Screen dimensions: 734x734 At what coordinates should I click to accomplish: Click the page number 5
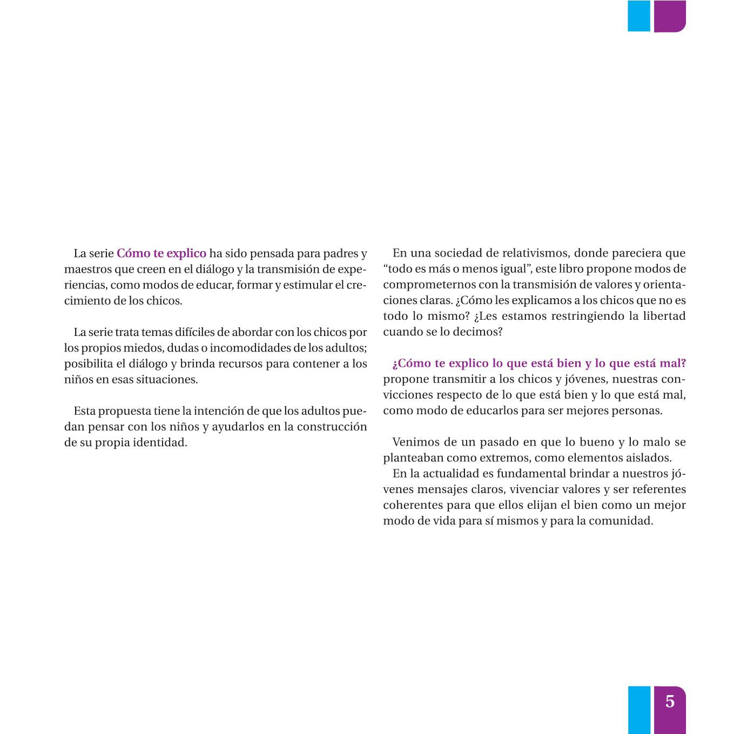pyautogui.click(x=670, y=701)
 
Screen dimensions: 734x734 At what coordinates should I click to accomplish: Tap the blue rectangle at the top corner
pyautogui.click(x=638, y=16)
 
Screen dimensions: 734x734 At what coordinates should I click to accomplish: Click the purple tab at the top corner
pyautogui.click(x=670, y=16)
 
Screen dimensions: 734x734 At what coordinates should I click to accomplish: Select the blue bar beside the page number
pyautogui.click(x=639, y=710)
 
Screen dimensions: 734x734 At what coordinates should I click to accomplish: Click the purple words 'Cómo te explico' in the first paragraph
pyautogui.click(x=161, y=253)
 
